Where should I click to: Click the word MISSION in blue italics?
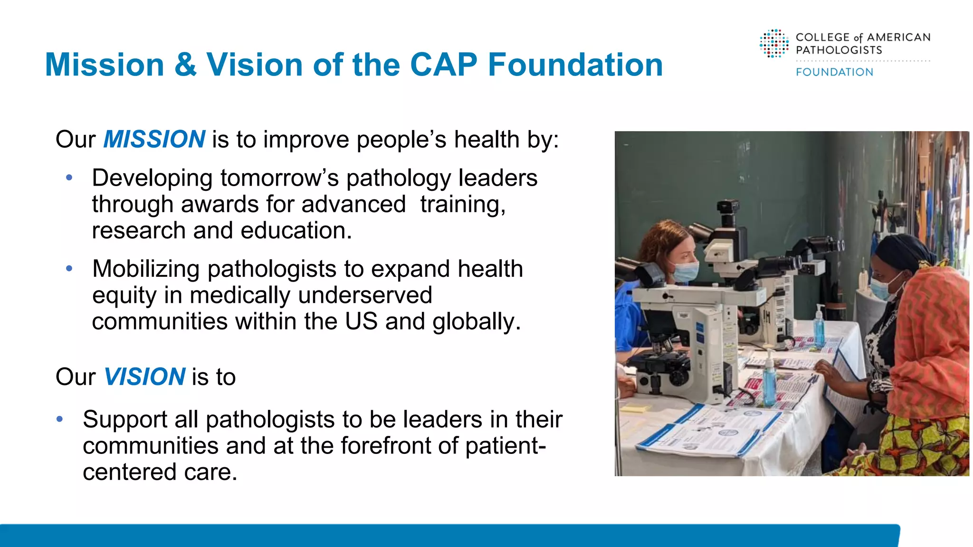tap(154, 140)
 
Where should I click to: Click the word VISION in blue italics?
tap(144, 377)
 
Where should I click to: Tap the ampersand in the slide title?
tap(185, 65)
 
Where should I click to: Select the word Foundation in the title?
tap(575, 65)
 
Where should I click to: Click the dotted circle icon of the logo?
tap(774, 44)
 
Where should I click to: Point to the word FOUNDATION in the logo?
tap(834, 72)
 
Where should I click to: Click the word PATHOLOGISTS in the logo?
tap(839, 50)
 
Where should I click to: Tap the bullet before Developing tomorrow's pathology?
tap(69, 178)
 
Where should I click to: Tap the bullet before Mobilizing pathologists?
tap(69, 269)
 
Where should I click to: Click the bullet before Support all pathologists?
tap(60, 419)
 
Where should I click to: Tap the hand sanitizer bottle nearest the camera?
tap(769, 380)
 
